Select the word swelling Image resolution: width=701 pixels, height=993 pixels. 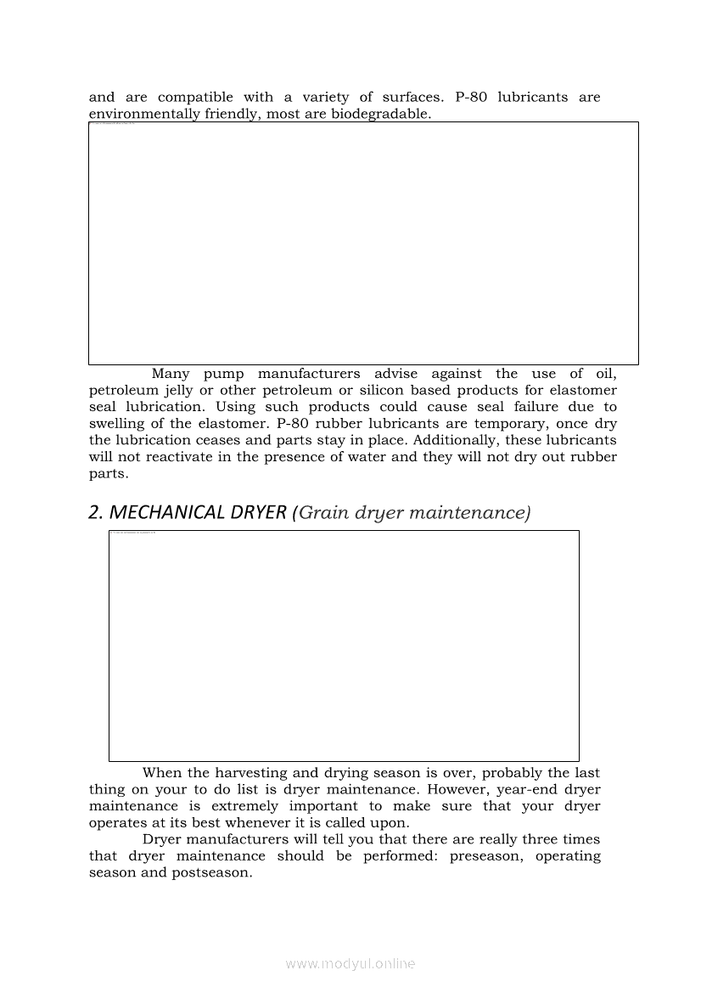point(117,424)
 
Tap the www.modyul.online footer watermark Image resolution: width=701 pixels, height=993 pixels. point(350,964)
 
